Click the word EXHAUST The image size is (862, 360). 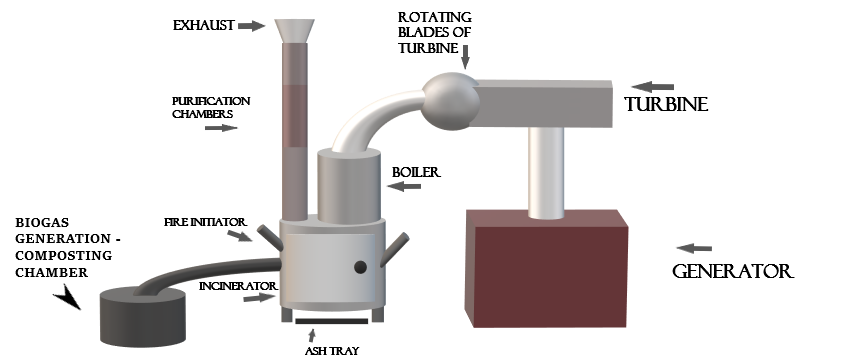204,26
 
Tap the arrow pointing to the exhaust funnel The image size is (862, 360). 252,25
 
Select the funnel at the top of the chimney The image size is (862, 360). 295,31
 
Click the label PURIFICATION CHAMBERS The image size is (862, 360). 211,108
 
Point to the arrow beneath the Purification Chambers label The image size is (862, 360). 221,128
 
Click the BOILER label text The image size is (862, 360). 416,173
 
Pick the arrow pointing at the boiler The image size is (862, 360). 404,187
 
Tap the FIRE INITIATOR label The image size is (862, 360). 205,223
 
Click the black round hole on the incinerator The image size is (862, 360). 360,267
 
